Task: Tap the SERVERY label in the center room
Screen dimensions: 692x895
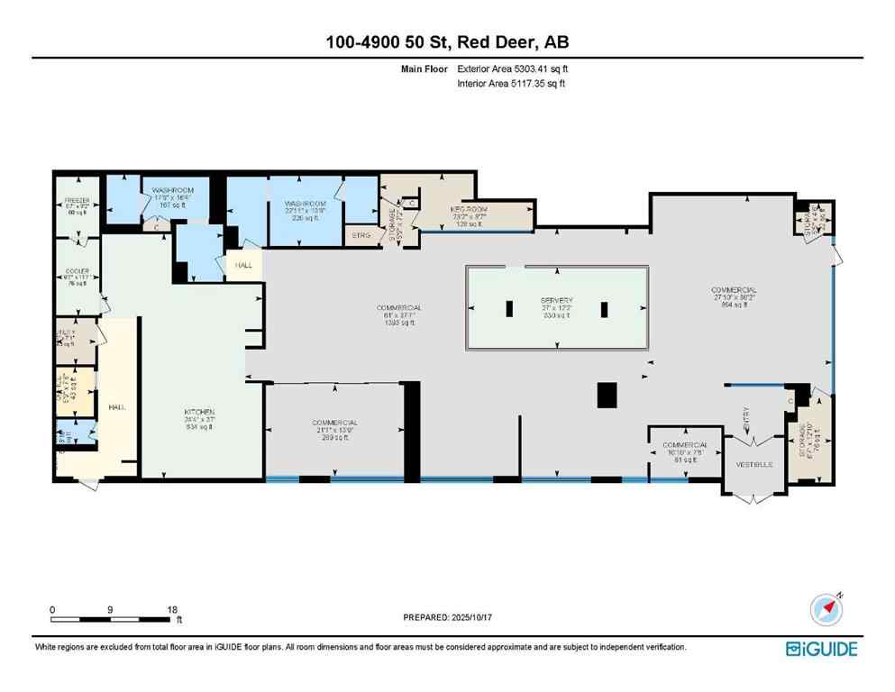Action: tap(557, 300)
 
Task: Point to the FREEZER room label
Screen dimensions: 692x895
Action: tap(76, 200)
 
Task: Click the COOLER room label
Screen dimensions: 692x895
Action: tap(76, 270)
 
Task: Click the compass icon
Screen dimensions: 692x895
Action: tap(825, 610)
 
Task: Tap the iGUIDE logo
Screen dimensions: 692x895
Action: tap(820, 649)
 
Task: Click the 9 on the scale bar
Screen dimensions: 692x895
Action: tap(110, 610)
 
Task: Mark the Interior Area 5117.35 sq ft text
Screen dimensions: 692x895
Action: tap(514, 84)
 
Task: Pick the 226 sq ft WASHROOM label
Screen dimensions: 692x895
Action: tap(304, 205)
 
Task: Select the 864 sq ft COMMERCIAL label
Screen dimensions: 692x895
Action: tap(734, 290)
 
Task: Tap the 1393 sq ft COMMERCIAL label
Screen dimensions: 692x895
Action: tap(399, 308)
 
